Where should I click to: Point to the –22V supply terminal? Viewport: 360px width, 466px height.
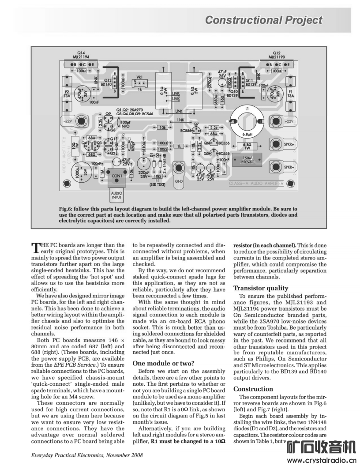pos(81,120)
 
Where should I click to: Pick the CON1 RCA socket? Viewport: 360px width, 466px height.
pos(117,176)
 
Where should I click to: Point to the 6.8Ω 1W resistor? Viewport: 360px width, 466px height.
pos(247,146)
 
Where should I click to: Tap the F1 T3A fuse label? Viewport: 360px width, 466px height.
pos(290,93)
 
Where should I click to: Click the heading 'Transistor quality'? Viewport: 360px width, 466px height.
pos(259,288)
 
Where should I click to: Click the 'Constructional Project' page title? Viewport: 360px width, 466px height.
pos(263,20)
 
